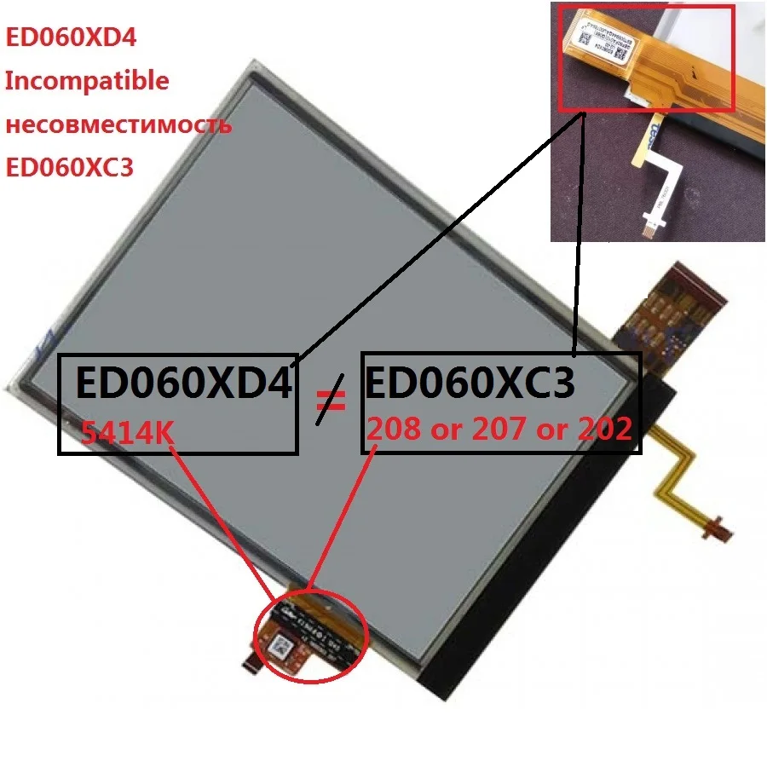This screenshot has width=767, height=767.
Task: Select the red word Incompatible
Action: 87,81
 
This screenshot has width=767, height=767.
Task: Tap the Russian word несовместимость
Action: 118,125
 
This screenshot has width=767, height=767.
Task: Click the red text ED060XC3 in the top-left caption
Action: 70,167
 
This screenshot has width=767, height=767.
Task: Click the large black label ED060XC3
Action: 470,383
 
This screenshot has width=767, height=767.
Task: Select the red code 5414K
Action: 128,432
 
